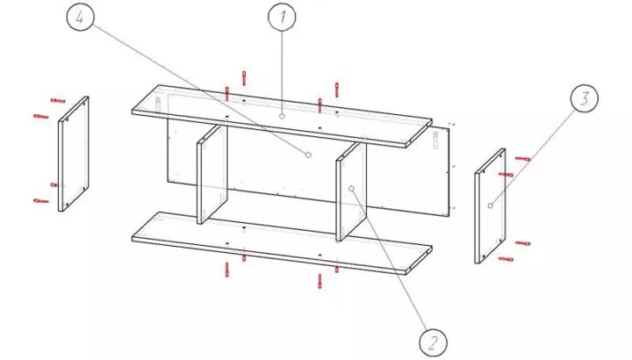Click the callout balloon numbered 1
tap(282, 17)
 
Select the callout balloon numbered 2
tap(433, 342)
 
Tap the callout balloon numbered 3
tap(584, 98)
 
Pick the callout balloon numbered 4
tap(80, 18)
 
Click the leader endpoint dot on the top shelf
tap(282, 117)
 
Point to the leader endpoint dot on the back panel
tap(308, 155)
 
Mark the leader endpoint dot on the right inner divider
tap(351, 188)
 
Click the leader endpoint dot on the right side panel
tap(490, 205)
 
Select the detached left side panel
tap(74, 154)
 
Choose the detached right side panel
tap(490, 206)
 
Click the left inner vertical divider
tap(212, 174)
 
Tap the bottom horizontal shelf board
tap(282, 243)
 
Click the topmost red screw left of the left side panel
tap(58, 100)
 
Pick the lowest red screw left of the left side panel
tap(41, 200)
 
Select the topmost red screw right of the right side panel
tap(523, 159)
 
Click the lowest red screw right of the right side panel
tap(506, 259)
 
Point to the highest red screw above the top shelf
tap(244, 78)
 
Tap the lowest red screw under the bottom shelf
tap(320, 281)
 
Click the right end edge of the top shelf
tap(419, 133)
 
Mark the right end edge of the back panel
tap(449, 172)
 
